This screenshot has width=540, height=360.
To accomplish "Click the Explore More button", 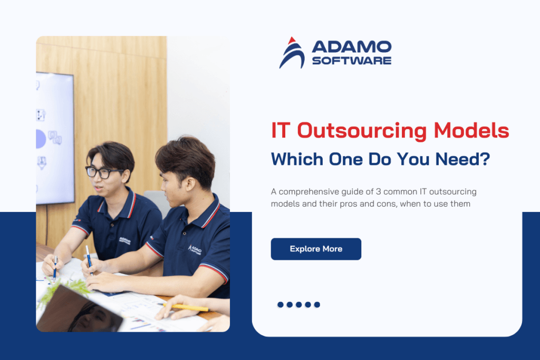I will click(316, 249).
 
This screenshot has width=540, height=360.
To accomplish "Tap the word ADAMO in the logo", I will click(351, 47).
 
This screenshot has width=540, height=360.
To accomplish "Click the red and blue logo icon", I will click(292, 53).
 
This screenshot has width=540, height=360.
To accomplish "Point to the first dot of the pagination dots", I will click(281, 305).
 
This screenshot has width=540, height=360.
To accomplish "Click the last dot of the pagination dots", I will click(317, 305).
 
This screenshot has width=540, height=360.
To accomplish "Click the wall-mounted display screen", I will click(54, 137).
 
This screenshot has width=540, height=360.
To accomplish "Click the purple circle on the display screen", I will click(41, 139).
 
